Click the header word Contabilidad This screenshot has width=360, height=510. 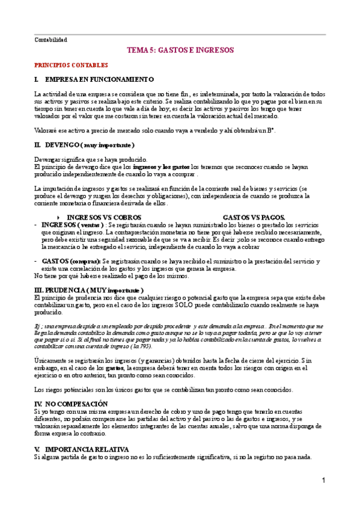(50, 40)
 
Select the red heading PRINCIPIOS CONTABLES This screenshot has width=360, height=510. (71, 65)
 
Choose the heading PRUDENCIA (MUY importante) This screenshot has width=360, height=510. (96, 290)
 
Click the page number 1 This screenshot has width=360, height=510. (323, 481)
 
